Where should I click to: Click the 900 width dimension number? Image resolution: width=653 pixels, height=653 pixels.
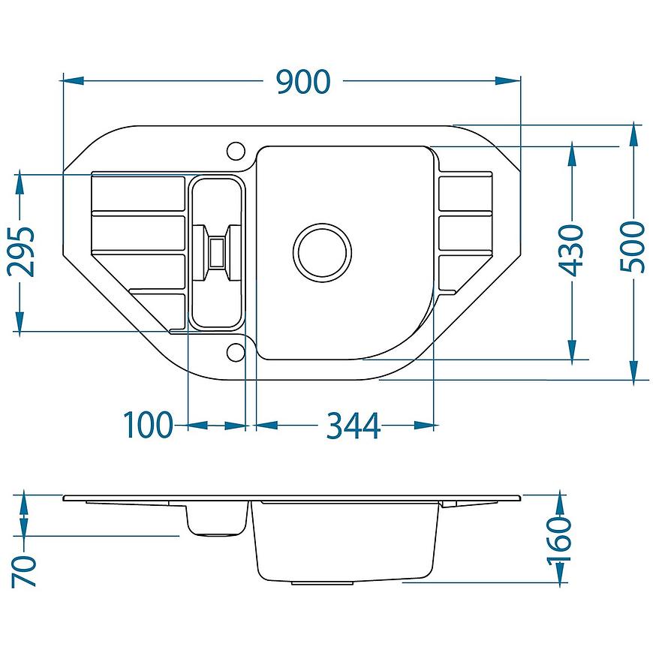303,82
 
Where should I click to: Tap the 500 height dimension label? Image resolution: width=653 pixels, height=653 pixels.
632,247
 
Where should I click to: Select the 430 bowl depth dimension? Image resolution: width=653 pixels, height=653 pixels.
570,250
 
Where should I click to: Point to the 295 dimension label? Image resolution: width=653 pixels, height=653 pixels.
21,252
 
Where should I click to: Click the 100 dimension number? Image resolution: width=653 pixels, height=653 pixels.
148,425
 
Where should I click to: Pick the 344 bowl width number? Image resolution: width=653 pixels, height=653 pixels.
354,426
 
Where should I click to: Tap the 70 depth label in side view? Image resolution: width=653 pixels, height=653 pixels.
24,571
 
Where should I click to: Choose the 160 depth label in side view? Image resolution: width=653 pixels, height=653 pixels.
559,541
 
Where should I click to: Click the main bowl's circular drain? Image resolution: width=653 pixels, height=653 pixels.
322,252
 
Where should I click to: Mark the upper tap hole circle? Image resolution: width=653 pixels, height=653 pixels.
236,151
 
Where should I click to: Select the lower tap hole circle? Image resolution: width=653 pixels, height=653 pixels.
236,352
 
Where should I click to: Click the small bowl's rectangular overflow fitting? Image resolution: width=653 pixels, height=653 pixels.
217,252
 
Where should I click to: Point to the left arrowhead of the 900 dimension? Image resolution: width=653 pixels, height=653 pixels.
74,80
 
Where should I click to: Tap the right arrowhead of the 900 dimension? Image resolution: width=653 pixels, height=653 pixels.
507,80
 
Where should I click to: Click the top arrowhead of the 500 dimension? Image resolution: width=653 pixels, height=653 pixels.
633,135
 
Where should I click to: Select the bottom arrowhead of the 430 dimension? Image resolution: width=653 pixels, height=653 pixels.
572,350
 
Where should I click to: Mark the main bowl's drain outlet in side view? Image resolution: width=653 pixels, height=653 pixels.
322,583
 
